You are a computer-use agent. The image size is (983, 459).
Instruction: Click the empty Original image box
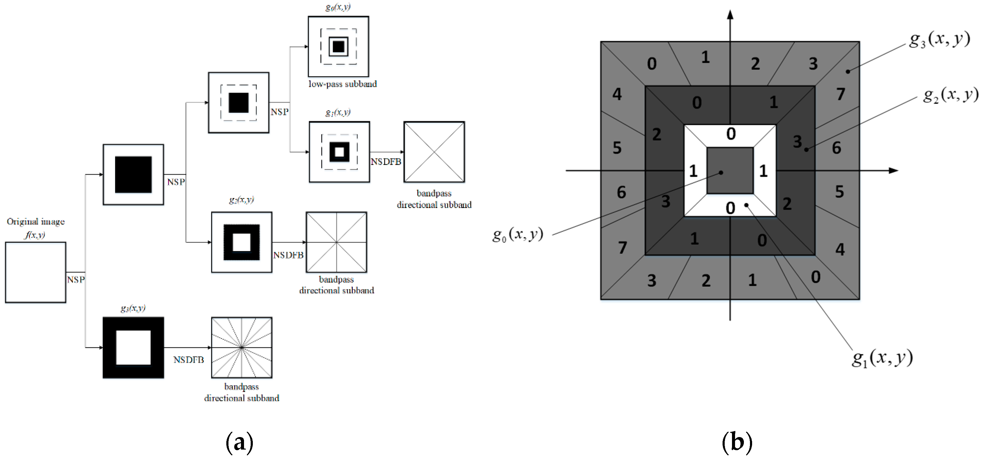pos(36,272)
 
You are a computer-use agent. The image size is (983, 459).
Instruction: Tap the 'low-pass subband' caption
pos(342,84)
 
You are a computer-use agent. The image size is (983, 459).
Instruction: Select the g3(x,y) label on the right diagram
pos(939,40)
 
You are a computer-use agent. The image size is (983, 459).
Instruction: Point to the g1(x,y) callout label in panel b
pos(882,358)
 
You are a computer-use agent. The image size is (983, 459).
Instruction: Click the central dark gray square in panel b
pos(730,171)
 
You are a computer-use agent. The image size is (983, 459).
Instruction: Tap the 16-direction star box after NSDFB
pos(242,348)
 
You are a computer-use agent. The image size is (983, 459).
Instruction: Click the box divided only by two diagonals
pos(434,152)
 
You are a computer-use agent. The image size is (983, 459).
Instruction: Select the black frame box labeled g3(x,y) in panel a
pos(133,348)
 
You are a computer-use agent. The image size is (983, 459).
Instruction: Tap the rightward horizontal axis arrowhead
pos(893,171)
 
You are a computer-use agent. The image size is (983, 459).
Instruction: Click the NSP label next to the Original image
pos(76,280)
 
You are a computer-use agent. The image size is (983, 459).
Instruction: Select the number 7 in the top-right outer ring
pos(840,94)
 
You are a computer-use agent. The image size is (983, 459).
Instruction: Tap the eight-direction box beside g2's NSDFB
pos(336,242)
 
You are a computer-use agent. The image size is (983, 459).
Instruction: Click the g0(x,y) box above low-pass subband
pos(338,46)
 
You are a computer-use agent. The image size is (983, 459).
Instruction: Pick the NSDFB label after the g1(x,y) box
pos(386,162)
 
